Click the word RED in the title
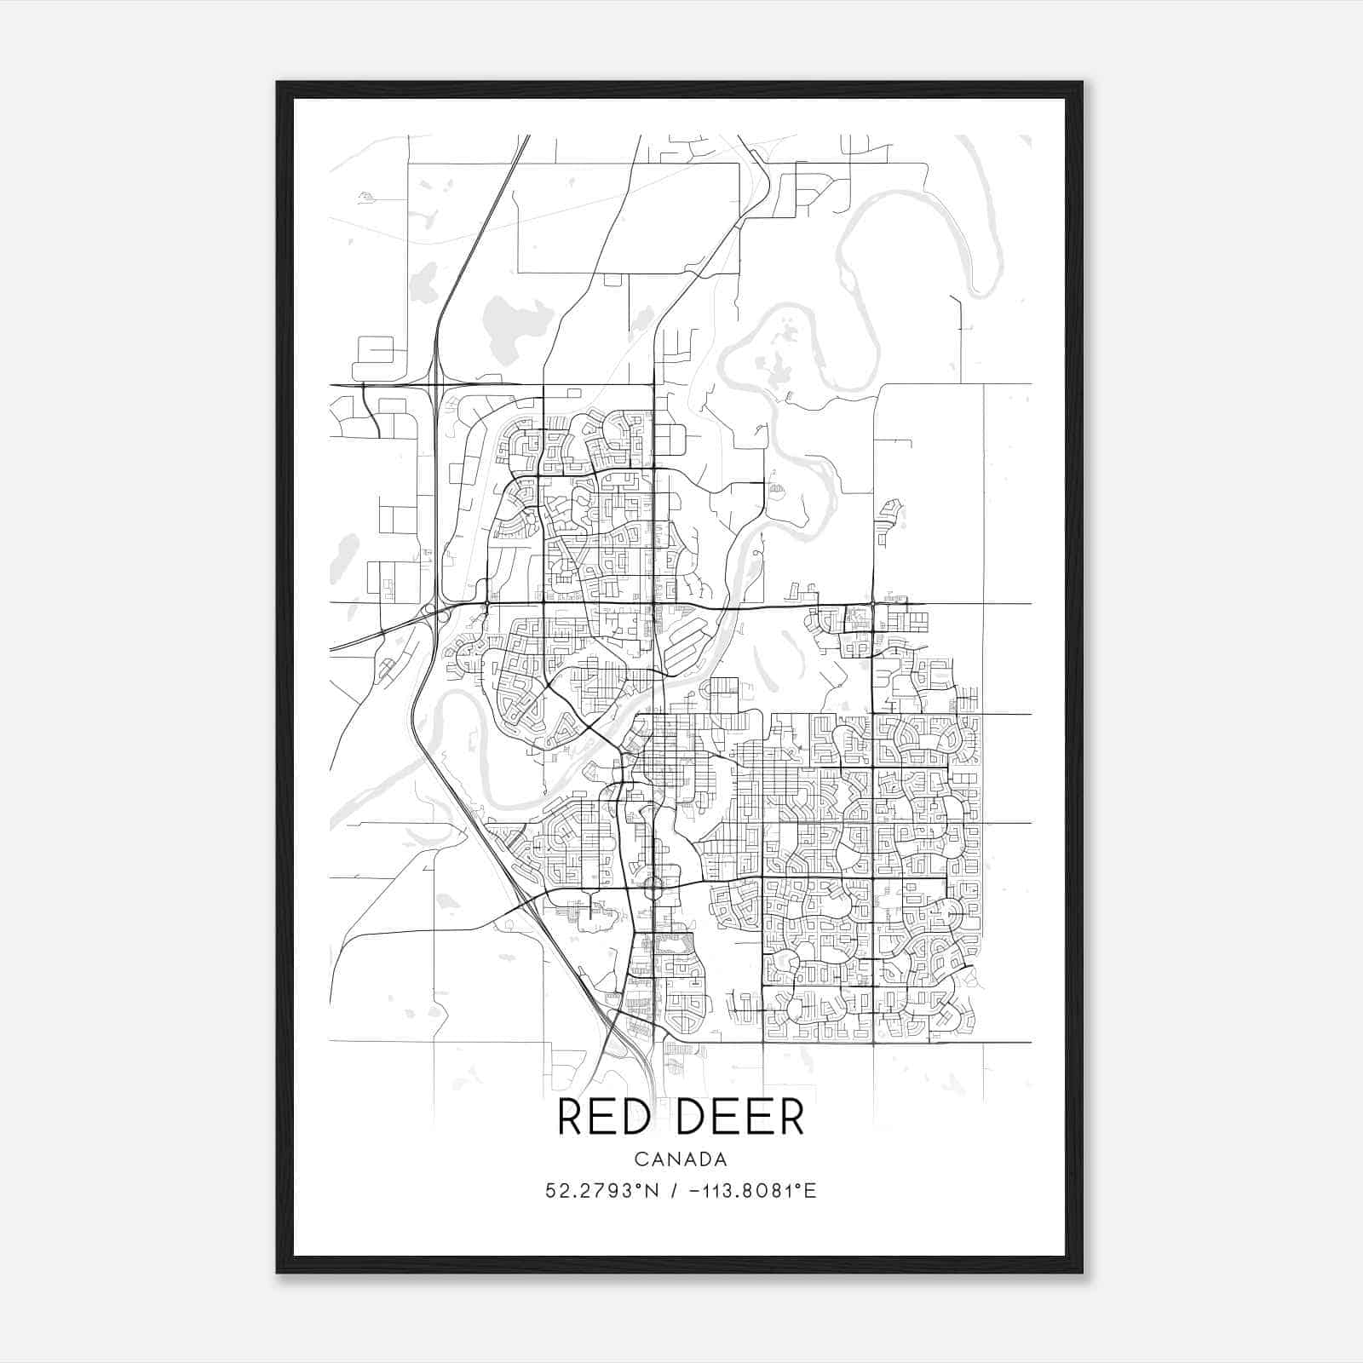coord(604,1119)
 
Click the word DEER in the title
coord(738,1119)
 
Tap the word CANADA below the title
coord(681,1159)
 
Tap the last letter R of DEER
coord(791,1119)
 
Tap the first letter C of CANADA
coord(640,1159)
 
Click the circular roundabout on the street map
coord(654,888)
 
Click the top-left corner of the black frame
coord(279,83)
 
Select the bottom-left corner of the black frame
coord(279,1271)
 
